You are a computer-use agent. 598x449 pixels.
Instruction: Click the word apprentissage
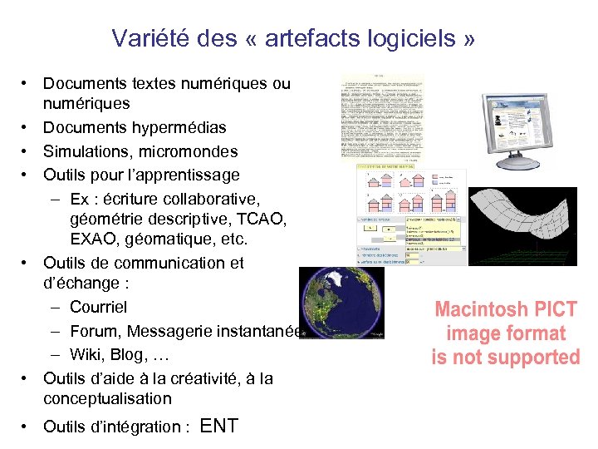pos(187,175)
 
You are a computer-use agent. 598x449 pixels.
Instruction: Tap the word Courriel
pos(99,308)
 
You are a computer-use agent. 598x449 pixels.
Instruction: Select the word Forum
pos(95,332)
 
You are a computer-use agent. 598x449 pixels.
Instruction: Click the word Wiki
pos(86,355)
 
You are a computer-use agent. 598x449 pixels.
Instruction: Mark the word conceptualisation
pos(107,398)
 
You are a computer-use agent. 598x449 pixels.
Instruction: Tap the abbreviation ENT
pos(219,427)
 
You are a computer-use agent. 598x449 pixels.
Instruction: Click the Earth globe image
pos(341,303)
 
